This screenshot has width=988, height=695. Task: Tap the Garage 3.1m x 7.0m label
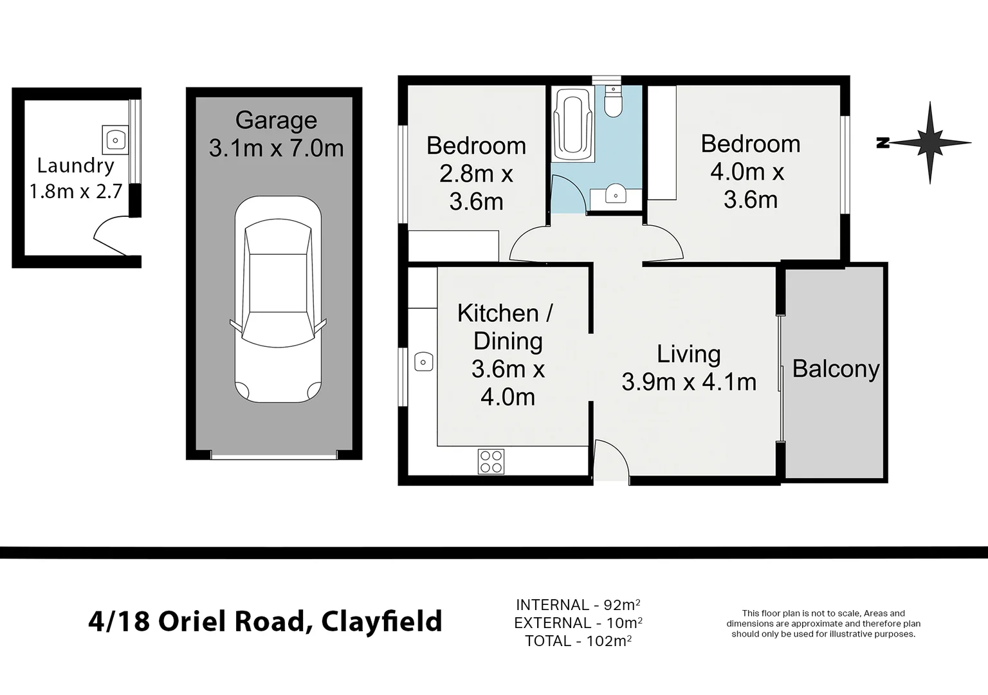tap(276, 134)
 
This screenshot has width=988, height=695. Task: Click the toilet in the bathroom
tap(614, 102)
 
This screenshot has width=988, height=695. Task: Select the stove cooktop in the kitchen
tap(491, 461)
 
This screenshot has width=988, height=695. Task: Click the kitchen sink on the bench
tap(423, 362)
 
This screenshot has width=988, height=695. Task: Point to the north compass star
tap(929, 142)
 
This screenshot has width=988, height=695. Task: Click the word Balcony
tap(836, 369)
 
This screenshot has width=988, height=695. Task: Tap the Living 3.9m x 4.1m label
tap(689, 368)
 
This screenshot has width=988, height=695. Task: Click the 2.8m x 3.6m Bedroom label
tap(476, 174)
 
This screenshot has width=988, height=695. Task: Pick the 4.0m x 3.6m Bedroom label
tap(750, 172)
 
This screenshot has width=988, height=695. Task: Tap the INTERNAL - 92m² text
tap(578, 605)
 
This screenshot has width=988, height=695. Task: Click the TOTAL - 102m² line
tap(578, 641)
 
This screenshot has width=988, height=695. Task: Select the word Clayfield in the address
tap(381, 622)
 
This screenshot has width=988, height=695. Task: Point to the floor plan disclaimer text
tap(823, 624)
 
